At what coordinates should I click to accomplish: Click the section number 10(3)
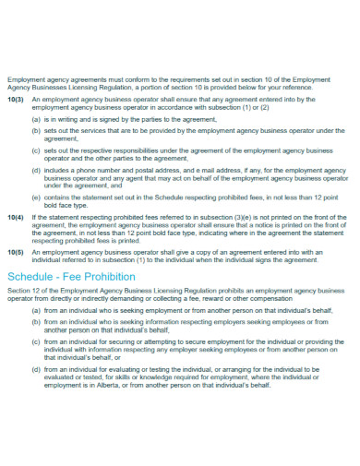coord(16,98)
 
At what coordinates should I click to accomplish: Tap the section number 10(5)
coord(16,251)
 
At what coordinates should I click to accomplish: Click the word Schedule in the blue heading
coord(33,276)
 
